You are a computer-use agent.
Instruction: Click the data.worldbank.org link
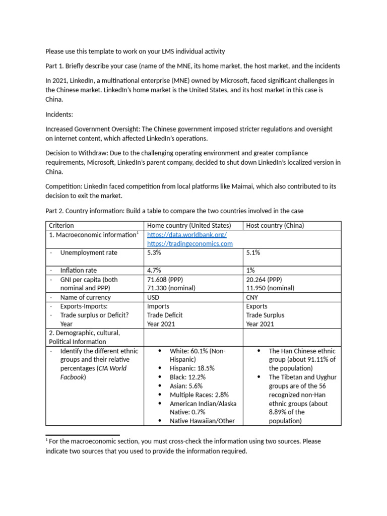pos(186,235)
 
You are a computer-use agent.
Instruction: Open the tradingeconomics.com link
pos(189,244)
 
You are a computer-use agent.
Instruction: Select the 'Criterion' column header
pos(61,226)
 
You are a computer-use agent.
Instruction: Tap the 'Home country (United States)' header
pos(189,226)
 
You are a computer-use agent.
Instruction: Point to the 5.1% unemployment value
pos(253,253)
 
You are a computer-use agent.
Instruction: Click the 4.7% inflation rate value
pos(154,271)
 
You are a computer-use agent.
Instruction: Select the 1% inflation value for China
pos(250,271)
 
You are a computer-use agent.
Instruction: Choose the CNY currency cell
pos(253,297)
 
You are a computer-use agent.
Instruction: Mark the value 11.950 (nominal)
pos(270,288)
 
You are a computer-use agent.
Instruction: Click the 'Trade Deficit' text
pos(165,315)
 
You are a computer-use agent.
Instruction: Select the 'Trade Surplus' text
pos(265,315)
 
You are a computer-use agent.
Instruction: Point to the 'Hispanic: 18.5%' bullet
pos(192,368)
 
